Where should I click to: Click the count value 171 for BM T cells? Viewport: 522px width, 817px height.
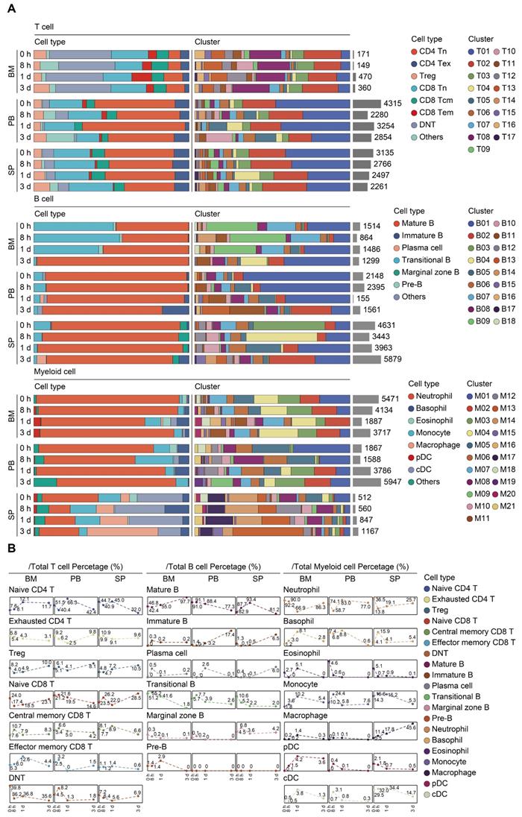pos(365,54)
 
